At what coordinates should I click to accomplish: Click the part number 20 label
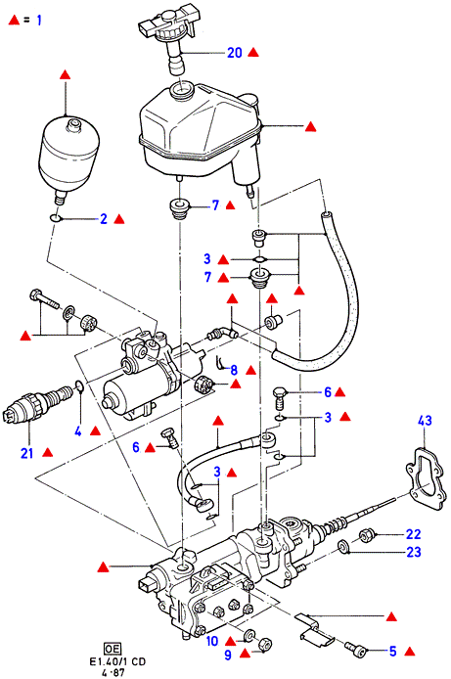click(x=235, y=53)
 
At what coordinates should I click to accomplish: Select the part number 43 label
click(x=425, y=420)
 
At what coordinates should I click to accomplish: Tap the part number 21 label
click(x=26, y=453)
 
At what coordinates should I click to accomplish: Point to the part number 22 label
click(x=414, y=534)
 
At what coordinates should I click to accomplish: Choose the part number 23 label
click(x=414, y=552)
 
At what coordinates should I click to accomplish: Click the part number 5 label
click(x=392, y=652)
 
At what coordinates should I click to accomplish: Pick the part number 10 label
click(x=212, y=641)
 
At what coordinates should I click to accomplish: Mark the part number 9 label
click(x=228, y=656)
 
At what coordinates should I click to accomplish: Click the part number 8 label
click(x=234, y=370)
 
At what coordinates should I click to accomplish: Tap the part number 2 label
click(x=104, y=219)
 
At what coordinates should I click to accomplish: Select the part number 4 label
click(x=78, y=431)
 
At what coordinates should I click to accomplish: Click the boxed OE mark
click(x=113, y=649)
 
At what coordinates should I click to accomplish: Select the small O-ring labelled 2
click(x=55, y=218)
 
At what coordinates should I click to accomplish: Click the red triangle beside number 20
click(x=253, y=53)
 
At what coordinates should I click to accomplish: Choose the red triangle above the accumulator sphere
click(x=66, y=74)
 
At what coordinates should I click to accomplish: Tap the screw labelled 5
click(x=356, y=648)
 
